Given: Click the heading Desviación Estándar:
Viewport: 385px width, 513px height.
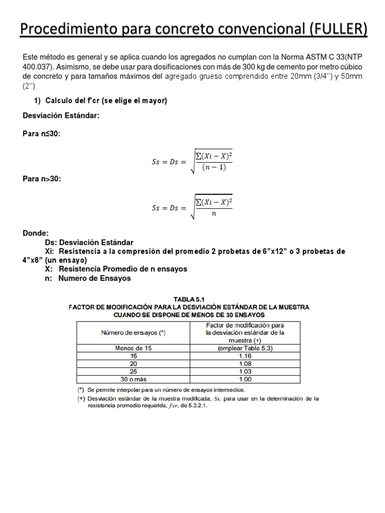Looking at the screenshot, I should coord(61,115).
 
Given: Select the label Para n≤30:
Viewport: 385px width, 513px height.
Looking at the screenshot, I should coord(42,133).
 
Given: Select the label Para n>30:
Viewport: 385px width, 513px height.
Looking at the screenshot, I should coord(42,179).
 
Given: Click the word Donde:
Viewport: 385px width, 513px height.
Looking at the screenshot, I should coord(36,233).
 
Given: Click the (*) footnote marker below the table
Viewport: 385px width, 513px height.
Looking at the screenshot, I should coord(79,389).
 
